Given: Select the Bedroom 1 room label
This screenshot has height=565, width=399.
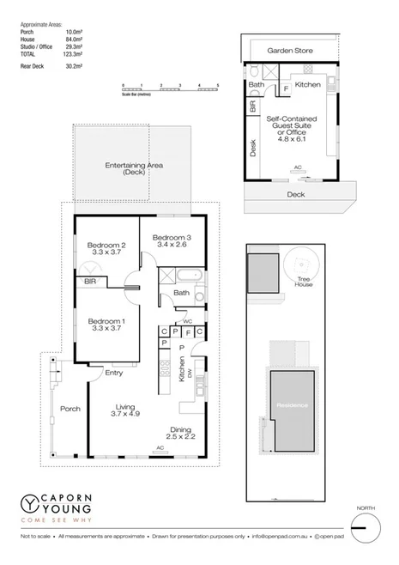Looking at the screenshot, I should coord(105,325).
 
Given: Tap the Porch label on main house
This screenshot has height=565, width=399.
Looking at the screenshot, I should coord(70,409).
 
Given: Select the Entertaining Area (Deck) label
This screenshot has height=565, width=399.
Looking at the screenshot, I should coord(133,168).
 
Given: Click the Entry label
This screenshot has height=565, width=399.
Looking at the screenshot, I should coord(114,373).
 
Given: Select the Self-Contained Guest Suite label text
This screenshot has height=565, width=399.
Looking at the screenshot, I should coord(294,128).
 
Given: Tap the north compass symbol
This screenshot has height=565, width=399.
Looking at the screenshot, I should coord(366,527).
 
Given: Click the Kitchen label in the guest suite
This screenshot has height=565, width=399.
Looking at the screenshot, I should coord(307,85).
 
